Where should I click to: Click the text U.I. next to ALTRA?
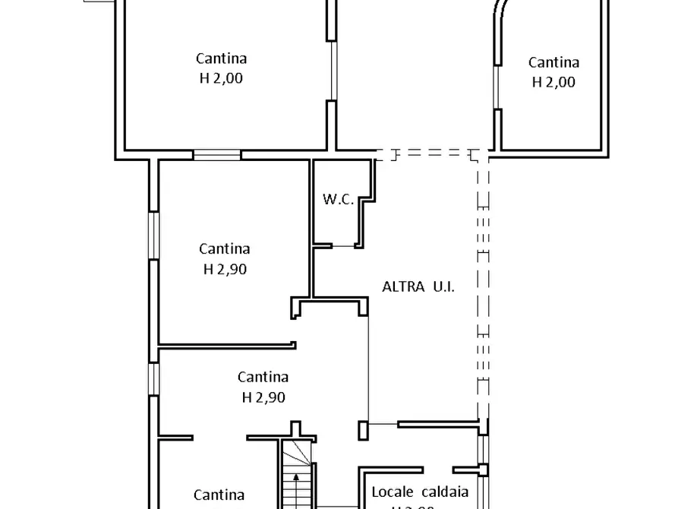[x=443, y=286]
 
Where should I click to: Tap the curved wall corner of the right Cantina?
[x=503, y=11]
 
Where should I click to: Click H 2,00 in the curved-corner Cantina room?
[x=553, y=82]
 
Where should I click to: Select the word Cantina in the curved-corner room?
[x=553, y=63]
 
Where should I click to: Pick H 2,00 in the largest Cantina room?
[x=222, y=77]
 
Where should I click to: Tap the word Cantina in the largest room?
[x=222, y=58]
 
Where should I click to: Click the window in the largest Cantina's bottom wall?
[x=217, y=155]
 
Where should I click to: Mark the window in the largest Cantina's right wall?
[x=332, y=70]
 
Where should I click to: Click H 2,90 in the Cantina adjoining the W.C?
[x=225, y=268]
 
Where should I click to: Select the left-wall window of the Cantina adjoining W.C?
[x=154, y=236]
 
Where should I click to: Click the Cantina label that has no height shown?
[x=219, y=495]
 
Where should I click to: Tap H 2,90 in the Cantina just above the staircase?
[x=263, y=396]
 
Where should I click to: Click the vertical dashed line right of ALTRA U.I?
[x=482, y=289]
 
